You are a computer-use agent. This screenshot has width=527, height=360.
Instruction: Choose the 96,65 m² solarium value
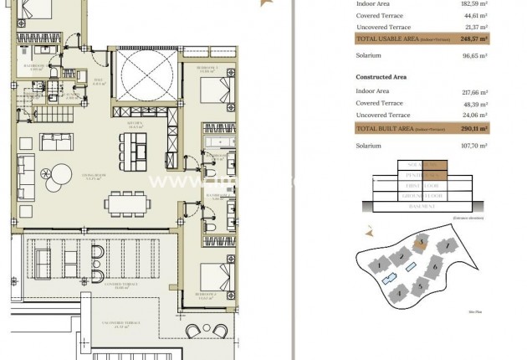pyautogui.click(x=474, y=56)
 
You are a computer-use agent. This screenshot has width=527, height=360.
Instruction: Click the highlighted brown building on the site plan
pyautogui.click(x=422, y=243)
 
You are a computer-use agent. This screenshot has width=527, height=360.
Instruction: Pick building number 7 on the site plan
pyautogui.click(x=449, y=246)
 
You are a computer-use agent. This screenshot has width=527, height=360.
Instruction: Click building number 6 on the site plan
pyautogui.click(x=434, y=269)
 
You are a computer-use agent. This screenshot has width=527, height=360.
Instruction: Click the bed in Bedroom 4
pyautogui.click(x=215, y=277)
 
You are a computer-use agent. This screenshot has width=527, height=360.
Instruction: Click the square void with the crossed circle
pyautogui.click(x=147, y=75)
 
